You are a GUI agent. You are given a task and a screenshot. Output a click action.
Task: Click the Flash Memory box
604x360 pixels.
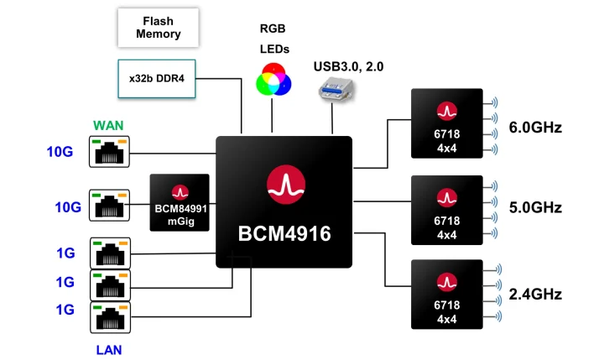click(x=159, y=29)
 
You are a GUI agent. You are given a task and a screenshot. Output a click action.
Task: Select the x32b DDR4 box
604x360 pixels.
click(x=157, y=77)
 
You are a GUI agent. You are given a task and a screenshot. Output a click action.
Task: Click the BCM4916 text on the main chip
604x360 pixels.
click(x=285, y=233)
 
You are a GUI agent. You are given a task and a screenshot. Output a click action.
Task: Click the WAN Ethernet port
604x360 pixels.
click(x=109, y=153)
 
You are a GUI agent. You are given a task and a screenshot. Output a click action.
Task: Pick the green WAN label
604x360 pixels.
click(x=108, y=126)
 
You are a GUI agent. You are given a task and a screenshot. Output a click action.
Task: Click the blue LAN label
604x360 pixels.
click(x=108, y=347)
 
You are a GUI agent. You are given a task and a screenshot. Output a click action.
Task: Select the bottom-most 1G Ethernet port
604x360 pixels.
click(x=109, y=318)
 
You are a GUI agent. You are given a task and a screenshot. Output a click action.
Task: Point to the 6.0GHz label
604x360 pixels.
click(x=534, y=128)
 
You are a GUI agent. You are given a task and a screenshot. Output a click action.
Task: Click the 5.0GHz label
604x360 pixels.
click(x=534, y=207)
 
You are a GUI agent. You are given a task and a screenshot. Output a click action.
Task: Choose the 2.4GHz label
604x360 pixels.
click(x=534, y=295)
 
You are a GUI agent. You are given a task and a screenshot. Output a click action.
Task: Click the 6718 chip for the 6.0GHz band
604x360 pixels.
click(x=447, y=123)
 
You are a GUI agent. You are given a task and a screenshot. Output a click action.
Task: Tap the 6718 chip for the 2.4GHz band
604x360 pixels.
click(x=447, y=294)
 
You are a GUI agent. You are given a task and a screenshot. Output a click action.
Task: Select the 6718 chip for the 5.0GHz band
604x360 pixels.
click(x=447, y=209)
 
